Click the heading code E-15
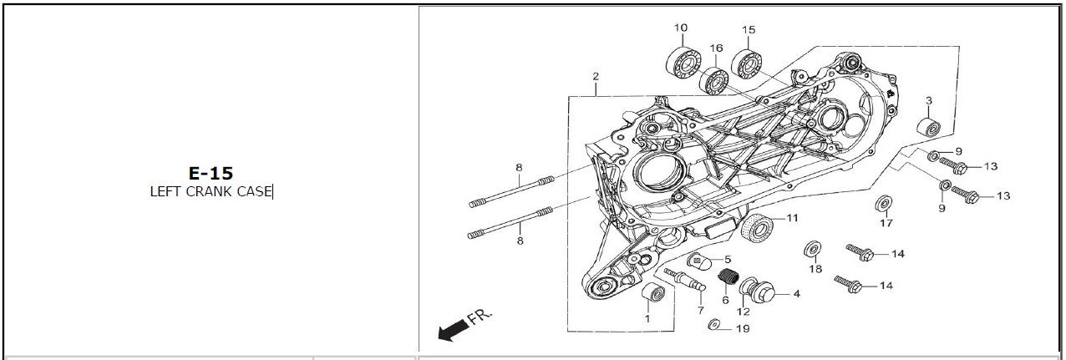210,173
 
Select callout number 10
681,28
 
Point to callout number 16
716,48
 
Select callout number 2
596,77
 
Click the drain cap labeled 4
762,293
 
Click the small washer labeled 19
714,323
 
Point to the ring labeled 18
811,250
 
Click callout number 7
690,310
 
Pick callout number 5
728,259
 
